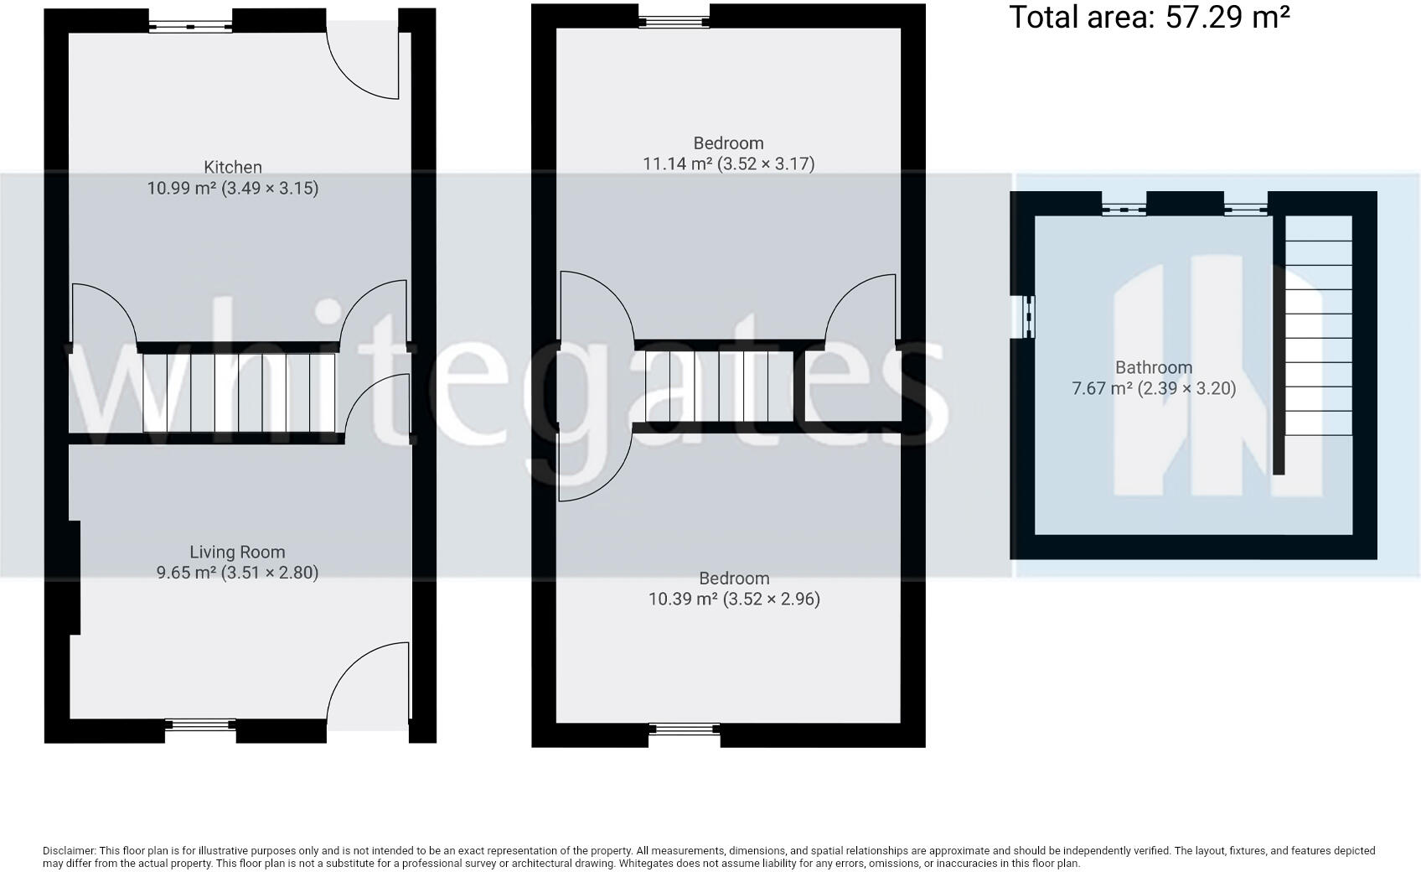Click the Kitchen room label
click(233, 168)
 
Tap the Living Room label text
click(237, 553)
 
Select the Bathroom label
click(1154, 368)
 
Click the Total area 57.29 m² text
click(1149, 17)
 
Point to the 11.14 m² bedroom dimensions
click(728, 163)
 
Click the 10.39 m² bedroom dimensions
click(734, 599)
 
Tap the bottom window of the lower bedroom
click(684, 729)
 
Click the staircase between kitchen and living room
click(239, 392)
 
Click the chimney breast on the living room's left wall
click(74, 577)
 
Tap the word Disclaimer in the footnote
click(70, 851)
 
